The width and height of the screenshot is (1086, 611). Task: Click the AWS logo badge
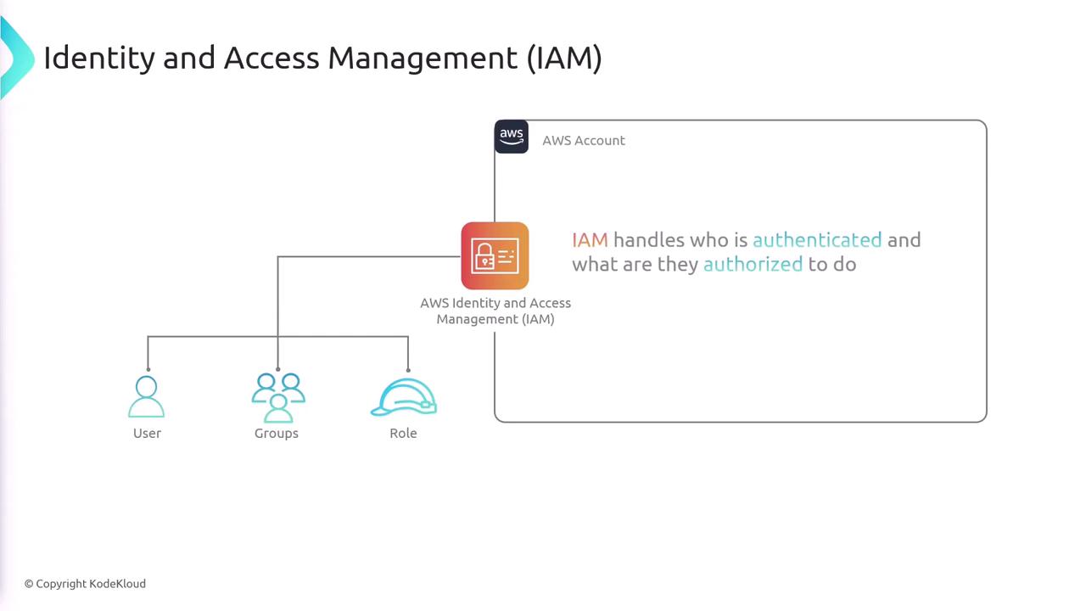coord(511,137)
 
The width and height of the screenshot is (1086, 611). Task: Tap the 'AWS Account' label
coord(584,141)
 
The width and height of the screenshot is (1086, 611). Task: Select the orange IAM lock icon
coord(495,256)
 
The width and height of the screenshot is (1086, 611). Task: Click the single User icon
coord(147,397)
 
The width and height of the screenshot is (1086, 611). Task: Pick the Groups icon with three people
coord(277,397)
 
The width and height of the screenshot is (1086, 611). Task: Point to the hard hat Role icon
coord(404,398)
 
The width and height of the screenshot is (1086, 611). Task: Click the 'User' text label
coord(147,434)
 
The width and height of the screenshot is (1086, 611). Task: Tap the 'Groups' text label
coord(277,434)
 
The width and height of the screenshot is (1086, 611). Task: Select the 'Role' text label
coord(403,434)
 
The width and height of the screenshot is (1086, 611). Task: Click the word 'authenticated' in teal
coord(817,240)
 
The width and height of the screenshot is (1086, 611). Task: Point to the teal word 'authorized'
coord(753,264)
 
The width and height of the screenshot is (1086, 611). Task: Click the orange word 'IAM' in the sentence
coord(590,240)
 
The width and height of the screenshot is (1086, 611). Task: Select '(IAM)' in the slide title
coord(564,59)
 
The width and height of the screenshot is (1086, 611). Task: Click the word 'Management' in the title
coord(423,59)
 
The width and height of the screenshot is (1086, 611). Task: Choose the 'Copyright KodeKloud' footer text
coord(85,584)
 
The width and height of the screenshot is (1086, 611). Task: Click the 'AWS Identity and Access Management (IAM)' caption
coord(495,311)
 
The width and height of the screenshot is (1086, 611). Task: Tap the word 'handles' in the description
coord(648,240)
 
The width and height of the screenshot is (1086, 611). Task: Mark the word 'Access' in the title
coord(271,59)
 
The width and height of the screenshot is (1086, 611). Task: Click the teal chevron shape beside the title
coord(15,58)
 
